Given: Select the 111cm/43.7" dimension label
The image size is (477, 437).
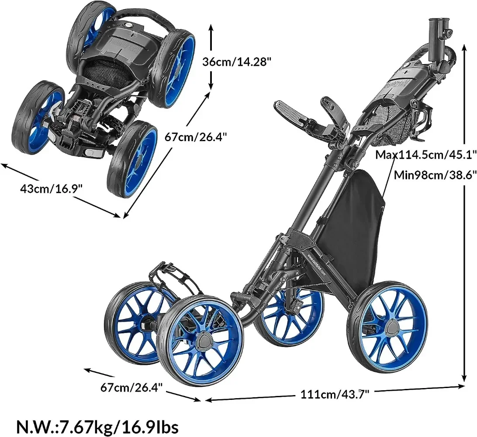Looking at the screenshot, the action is (335, 394).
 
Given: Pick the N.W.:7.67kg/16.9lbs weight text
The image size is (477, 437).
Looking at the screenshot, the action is (97, 425).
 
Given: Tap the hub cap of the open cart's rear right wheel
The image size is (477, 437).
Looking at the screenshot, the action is (389, 326).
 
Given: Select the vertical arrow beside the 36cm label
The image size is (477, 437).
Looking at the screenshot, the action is (211, 56).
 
